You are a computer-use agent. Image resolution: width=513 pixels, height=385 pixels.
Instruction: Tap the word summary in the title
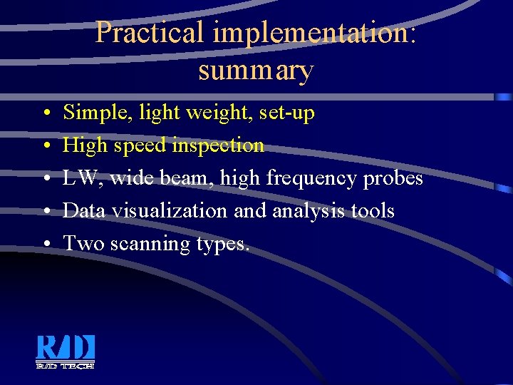256,70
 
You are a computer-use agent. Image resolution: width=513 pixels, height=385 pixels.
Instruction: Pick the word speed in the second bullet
142,145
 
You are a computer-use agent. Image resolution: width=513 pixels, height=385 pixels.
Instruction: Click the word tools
377,211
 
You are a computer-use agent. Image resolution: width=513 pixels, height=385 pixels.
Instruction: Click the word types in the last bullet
222,244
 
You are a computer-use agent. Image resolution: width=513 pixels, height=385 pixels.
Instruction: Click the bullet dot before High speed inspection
45,146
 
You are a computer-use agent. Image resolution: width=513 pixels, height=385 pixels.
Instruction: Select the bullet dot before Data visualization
45,212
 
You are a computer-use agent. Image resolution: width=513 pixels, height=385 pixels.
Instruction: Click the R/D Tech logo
66,351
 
